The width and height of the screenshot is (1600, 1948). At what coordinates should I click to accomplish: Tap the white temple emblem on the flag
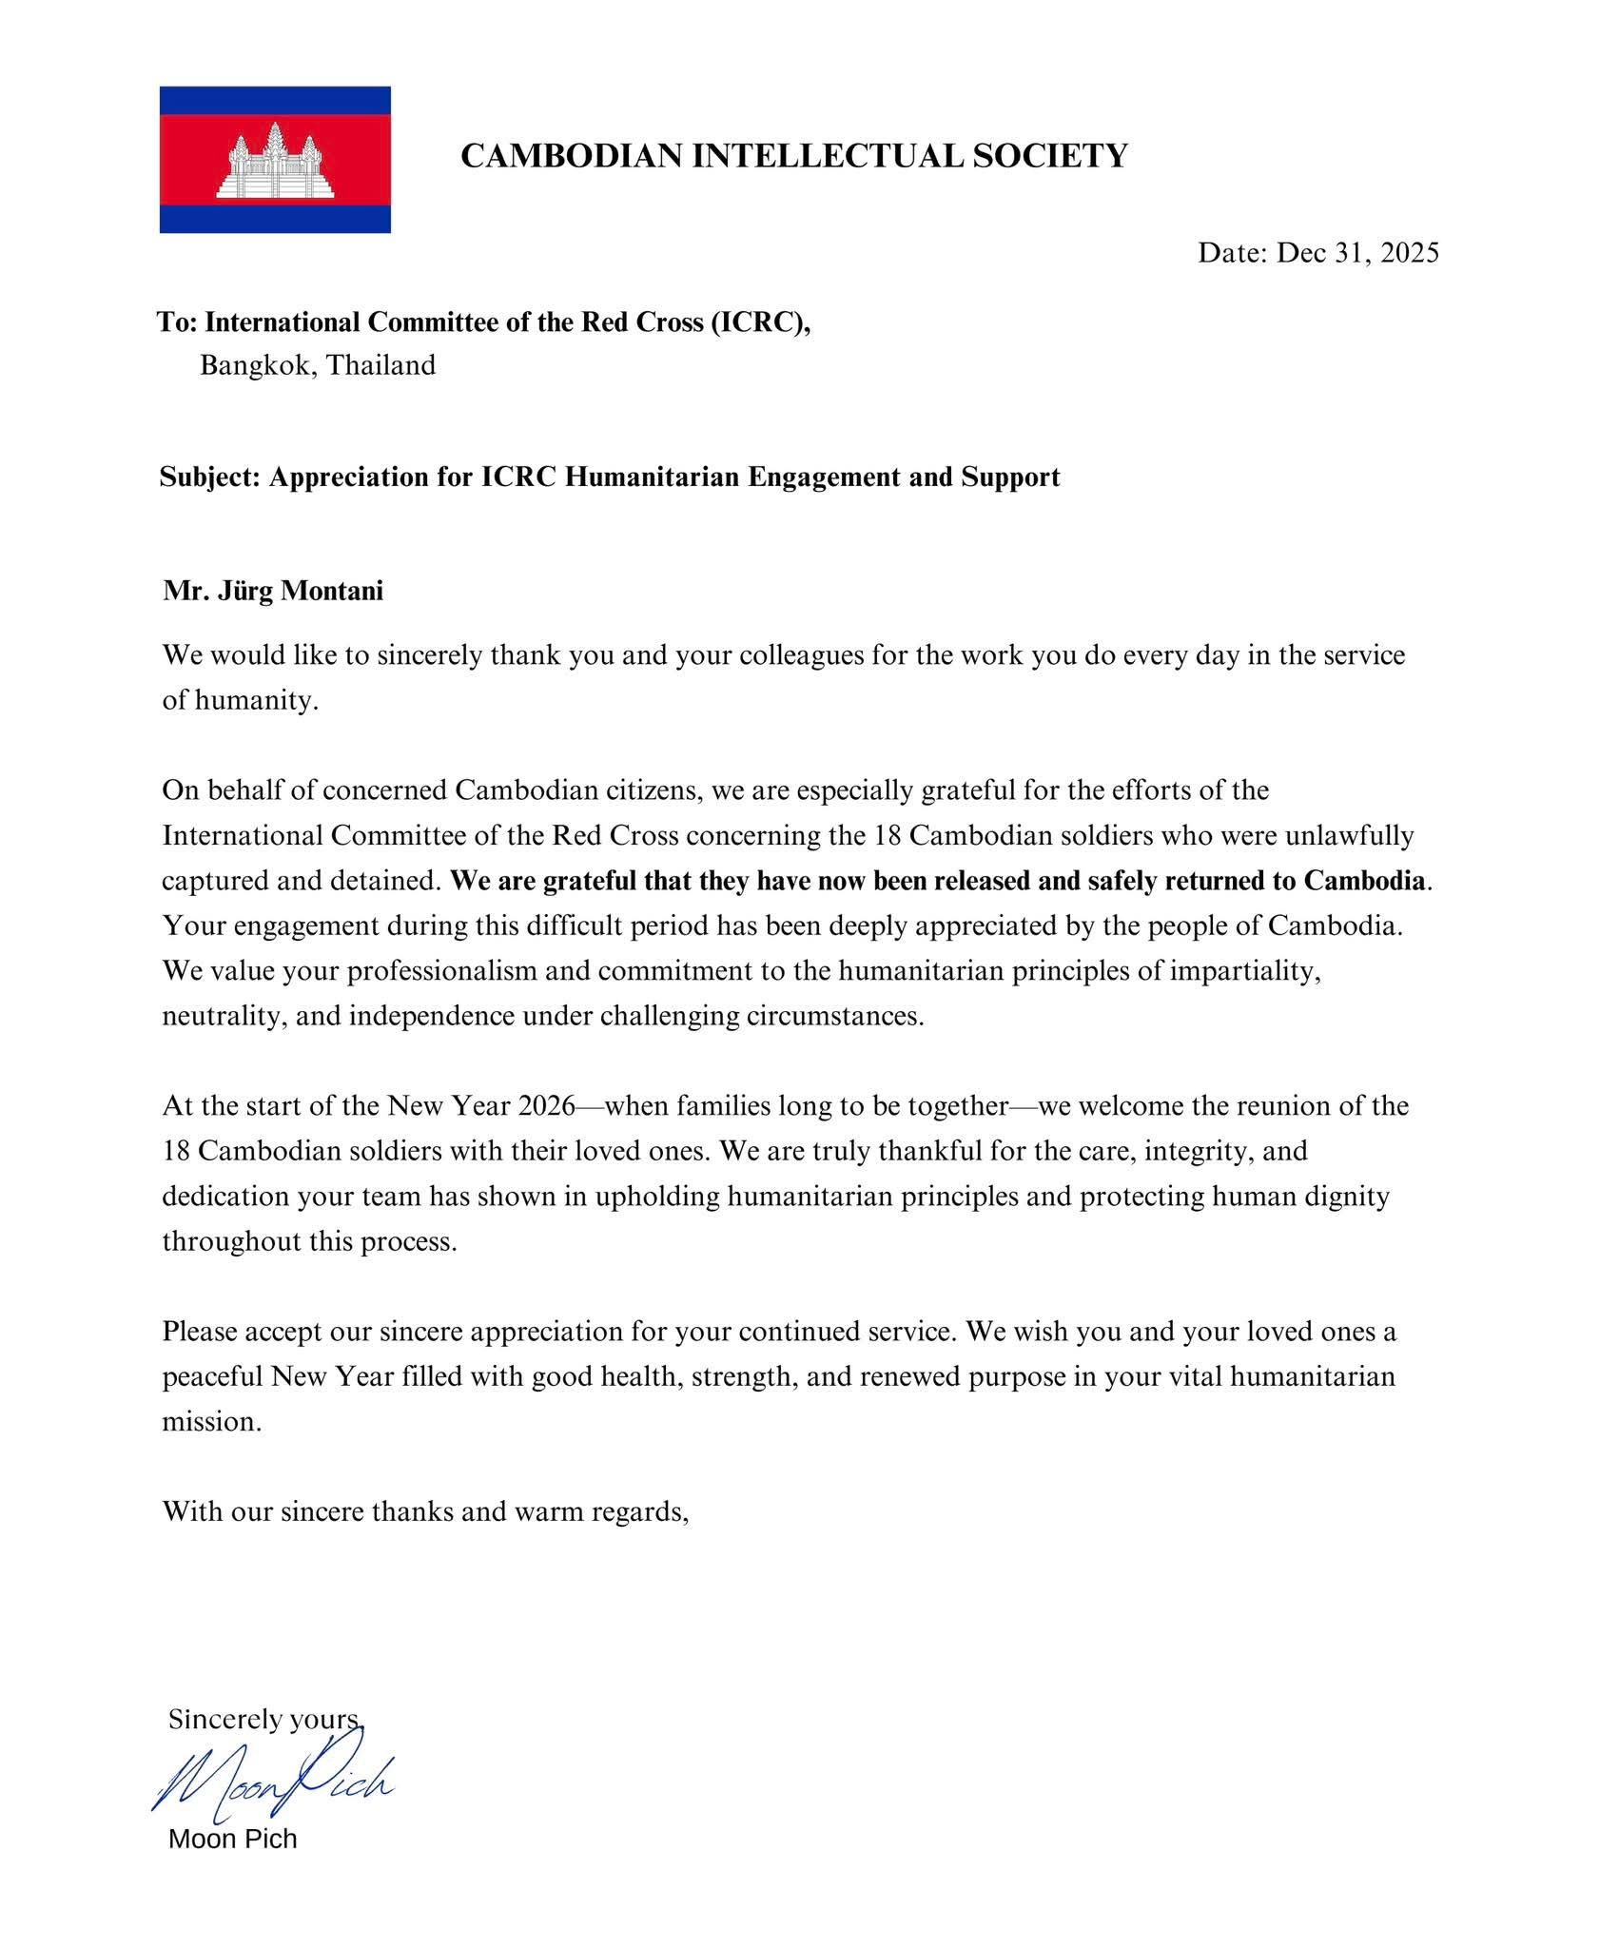[275, 162]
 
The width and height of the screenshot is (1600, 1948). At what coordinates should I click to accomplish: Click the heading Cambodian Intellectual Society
[793, 155]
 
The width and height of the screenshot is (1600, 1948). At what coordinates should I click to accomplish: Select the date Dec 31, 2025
[1356, 252]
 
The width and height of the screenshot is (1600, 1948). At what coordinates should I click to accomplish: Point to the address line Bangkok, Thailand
[318, 365]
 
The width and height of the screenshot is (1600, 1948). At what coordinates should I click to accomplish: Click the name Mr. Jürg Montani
[273, 591]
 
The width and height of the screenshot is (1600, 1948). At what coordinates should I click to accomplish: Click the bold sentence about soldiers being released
[938, 881]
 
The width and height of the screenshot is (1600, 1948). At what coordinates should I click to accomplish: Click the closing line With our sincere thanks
[425, 1511]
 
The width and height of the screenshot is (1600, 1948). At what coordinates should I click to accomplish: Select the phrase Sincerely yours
[265, 1719]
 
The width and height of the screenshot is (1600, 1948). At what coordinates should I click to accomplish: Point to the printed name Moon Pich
[233, 1839]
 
